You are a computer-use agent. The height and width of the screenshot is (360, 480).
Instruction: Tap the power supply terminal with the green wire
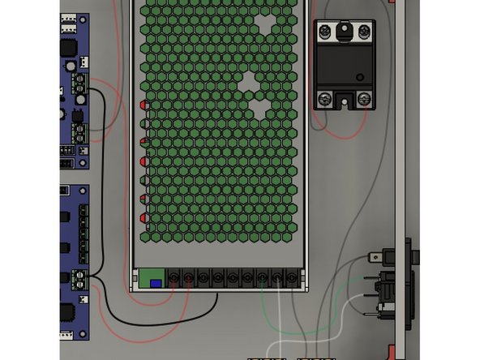[x=261, y=279]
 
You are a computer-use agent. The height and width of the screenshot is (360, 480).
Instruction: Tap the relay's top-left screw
[x=325, y=32]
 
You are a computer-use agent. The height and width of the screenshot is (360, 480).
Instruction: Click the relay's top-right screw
[x=364, y=32]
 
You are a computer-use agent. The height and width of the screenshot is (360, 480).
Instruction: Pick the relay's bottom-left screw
[x=325, y=99]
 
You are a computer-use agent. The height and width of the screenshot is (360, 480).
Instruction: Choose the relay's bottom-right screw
[x=364, y=99]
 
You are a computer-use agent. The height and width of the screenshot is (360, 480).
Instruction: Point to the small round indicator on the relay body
[x=360, y=78]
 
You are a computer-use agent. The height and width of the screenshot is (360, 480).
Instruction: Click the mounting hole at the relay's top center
[x=345, y=30]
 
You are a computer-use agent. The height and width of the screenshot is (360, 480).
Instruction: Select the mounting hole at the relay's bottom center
[x=345, y=101]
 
